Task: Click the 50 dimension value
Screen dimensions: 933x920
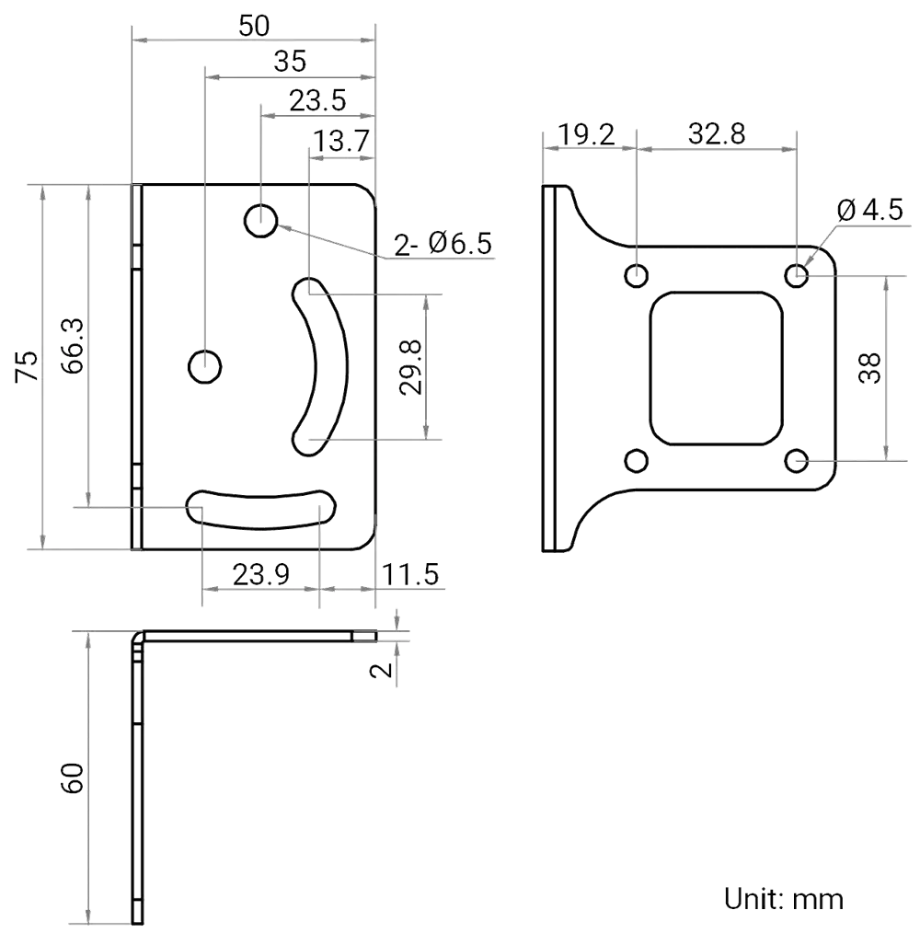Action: [254, 25]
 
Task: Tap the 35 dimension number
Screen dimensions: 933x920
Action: [290, 63]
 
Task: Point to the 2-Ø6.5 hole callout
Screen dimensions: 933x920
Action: [443, 245]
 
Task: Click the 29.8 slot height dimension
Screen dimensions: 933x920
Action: [411, 366]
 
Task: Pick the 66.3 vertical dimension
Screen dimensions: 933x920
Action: [73, 346]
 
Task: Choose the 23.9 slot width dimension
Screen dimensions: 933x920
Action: [261, 575]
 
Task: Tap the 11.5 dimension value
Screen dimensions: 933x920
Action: [410, 575]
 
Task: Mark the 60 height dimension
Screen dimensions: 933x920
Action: [73, 777]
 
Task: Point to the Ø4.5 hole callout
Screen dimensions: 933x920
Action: [870, 211]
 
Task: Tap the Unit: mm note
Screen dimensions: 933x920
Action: [783, 898]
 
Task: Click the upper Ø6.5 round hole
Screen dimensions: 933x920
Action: [261, 220]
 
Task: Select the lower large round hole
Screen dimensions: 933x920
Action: [204, 366]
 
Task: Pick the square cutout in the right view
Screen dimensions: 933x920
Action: [716, 368]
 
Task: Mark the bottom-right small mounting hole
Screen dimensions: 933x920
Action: [797, 460]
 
